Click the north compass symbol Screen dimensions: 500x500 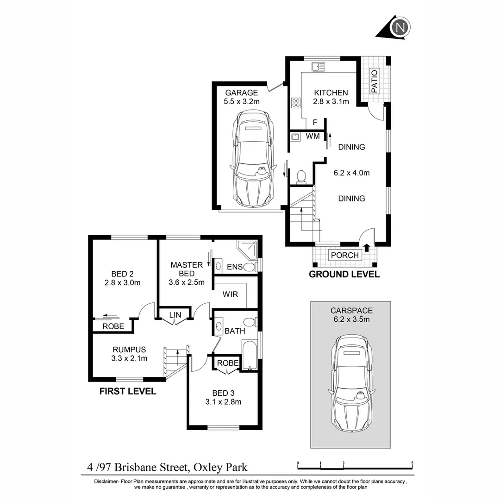(400, 27)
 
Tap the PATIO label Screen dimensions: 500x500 (374, 81)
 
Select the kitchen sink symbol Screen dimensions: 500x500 (318, 67)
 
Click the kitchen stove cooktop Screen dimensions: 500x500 (295, 103)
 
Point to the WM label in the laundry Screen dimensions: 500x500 (312, 136)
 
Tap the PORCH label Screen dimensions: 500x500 (344, 255)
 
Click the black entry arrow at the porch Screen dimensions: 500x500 (367, 247)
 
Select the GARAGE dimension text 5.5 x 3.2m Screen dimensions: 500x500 (241, 102)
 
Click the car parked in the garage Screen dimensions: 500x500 (253, 159)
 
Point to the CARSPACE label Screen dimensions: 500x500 (351, 311)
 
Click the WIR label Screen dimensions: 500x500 (230, 294)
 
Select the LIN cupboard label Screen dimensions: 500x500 (175, 315)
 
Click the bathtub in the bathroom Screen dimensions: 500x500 (249, 356)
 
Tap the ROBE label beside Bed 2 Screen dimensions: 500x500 (113, 326)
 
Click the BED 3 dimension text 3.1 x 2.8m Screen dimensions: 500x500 (223, 402)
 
